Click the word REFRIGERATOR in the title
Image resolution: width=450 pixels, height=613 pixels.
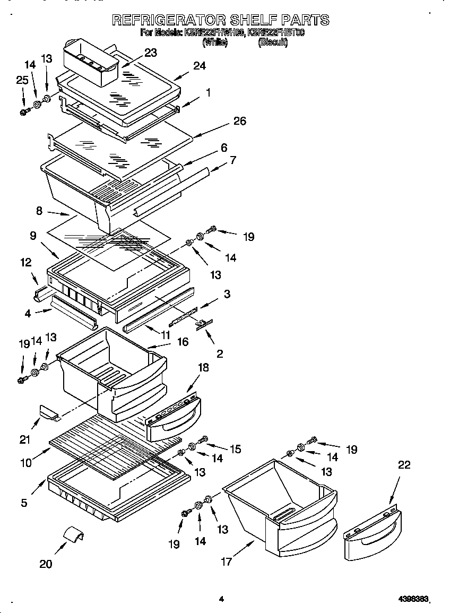tap(168, 21)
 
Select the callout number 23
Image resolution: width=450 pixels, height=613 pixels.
tap(150, 53)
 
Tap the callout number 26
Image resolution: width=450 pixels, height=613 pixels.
tap(239, 122)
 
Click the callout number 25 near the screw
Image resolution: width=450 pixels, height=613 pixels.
tap(22, 80)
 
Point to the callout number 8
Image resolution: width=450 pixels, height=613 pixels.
tap(39, 211)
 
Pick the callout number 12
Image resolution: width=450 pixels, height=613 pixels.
tap(25, 262)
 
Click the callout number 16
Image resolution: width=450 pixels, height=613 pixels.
tap(183, 342)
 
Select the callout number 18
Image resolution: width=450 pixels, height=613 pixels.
tap(203, 367)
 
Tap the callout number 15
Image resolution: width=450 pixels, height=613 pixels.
tap(235, 449)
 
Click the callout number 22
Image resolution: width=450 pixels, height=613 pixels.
tap(404, 465)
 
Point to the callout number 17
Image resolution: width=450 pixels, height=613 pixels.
tap(227, 562)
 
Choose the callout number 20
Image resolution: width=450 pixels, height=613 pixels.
tap(46, 564)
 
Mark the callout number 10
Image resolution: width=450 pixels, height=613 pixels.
tap(25, 462)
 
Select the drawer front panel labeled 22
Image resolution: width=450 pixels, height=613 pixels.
tap(371, 536)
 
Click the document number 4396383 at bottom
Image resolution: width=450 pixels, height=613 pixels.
tap(413, 599)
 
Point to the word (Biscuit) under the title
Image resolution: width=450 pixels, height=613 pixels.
tap(273, 44)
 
